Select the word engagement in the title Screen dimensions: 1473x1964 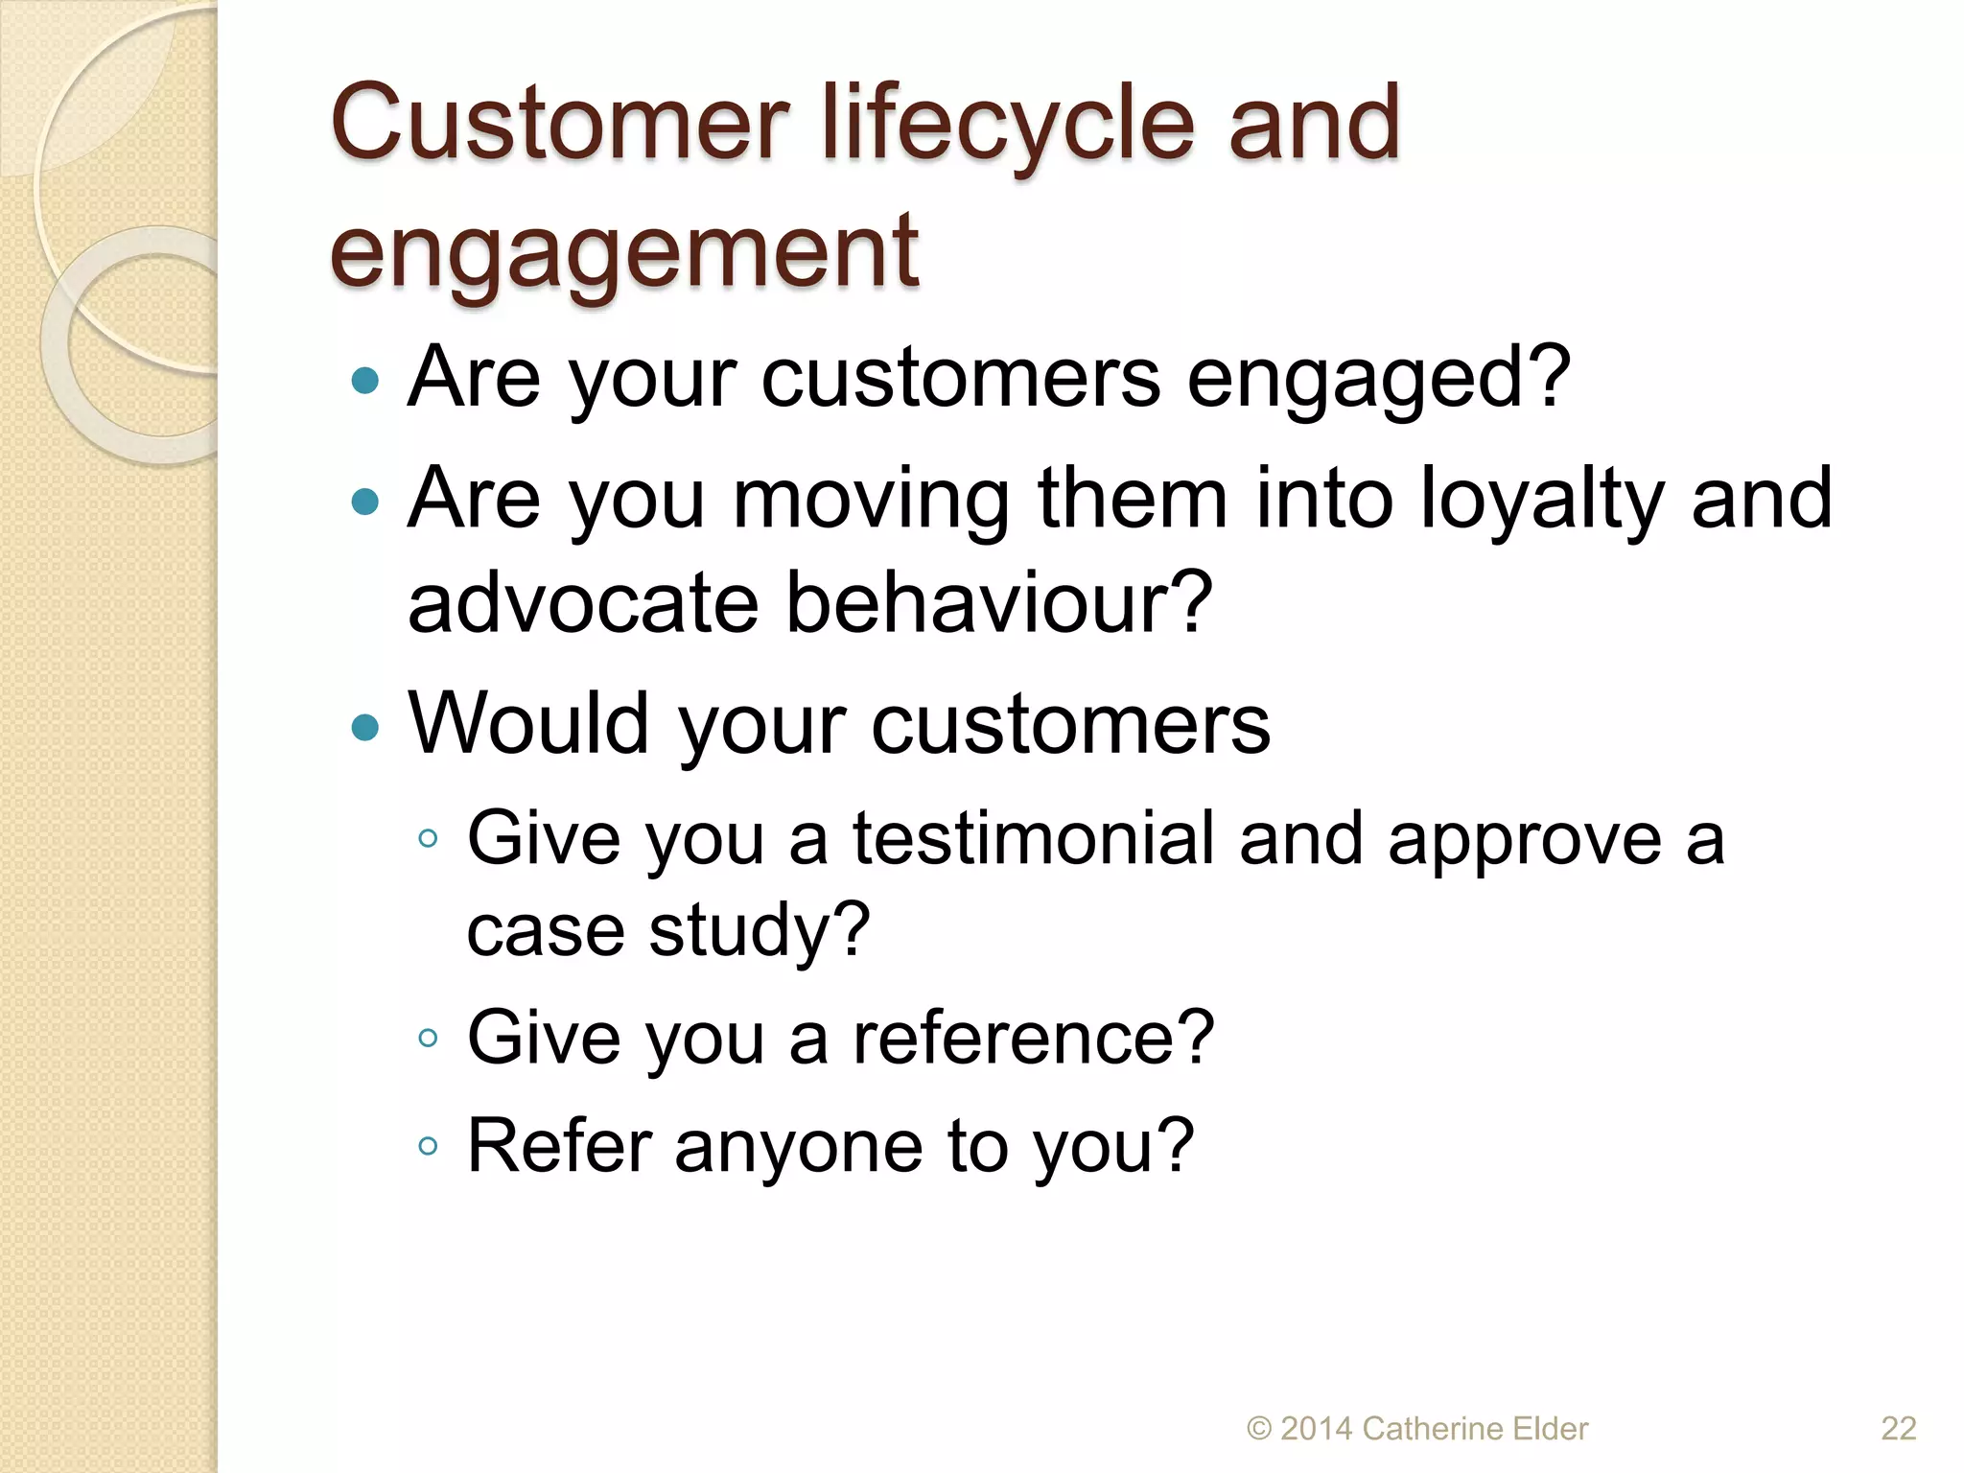(x=624, y=251)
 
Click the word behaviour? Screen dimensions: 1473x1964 (x=1000, y=604)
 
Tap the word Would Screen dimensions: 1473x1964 (x=528, y=724)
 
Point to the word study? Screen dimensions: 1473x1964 (x=759, y=930)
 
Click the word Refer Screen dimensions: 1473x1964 (x=559, y=1146)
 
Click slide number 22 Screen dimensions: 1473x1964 (x=1898, y=1429)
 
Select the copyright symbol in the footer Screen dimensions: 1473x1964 (x=1259, y=1429)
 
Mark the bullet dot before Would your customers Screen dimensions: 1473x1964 (x=365, y=727)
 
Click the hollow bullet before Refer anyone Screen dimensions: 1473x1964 (x=428, y=1146)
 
